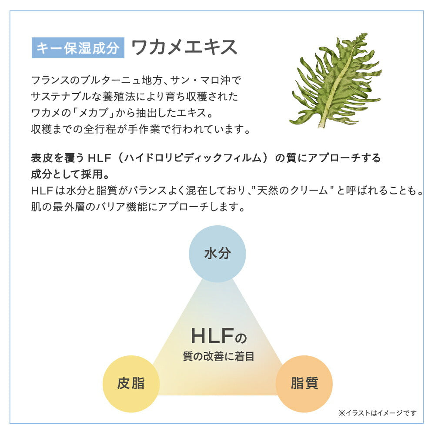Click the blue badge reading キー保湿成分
tap(78, 48)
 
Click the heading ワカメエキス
tap(184, 47)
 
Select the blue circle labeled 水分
tap(217, 254)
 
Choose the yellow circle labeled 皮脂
tap(131, 384)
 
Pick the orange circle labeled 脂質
tap(304, 384)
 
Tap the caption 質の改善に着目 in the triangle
tap(218, 357)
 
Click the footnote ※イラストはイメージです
tap(378, 413)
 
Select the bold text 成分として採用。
tap(70, 174)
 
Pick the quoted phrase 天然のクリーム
tap(292, 191)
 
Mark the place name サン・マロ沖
tap(200, 80)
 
